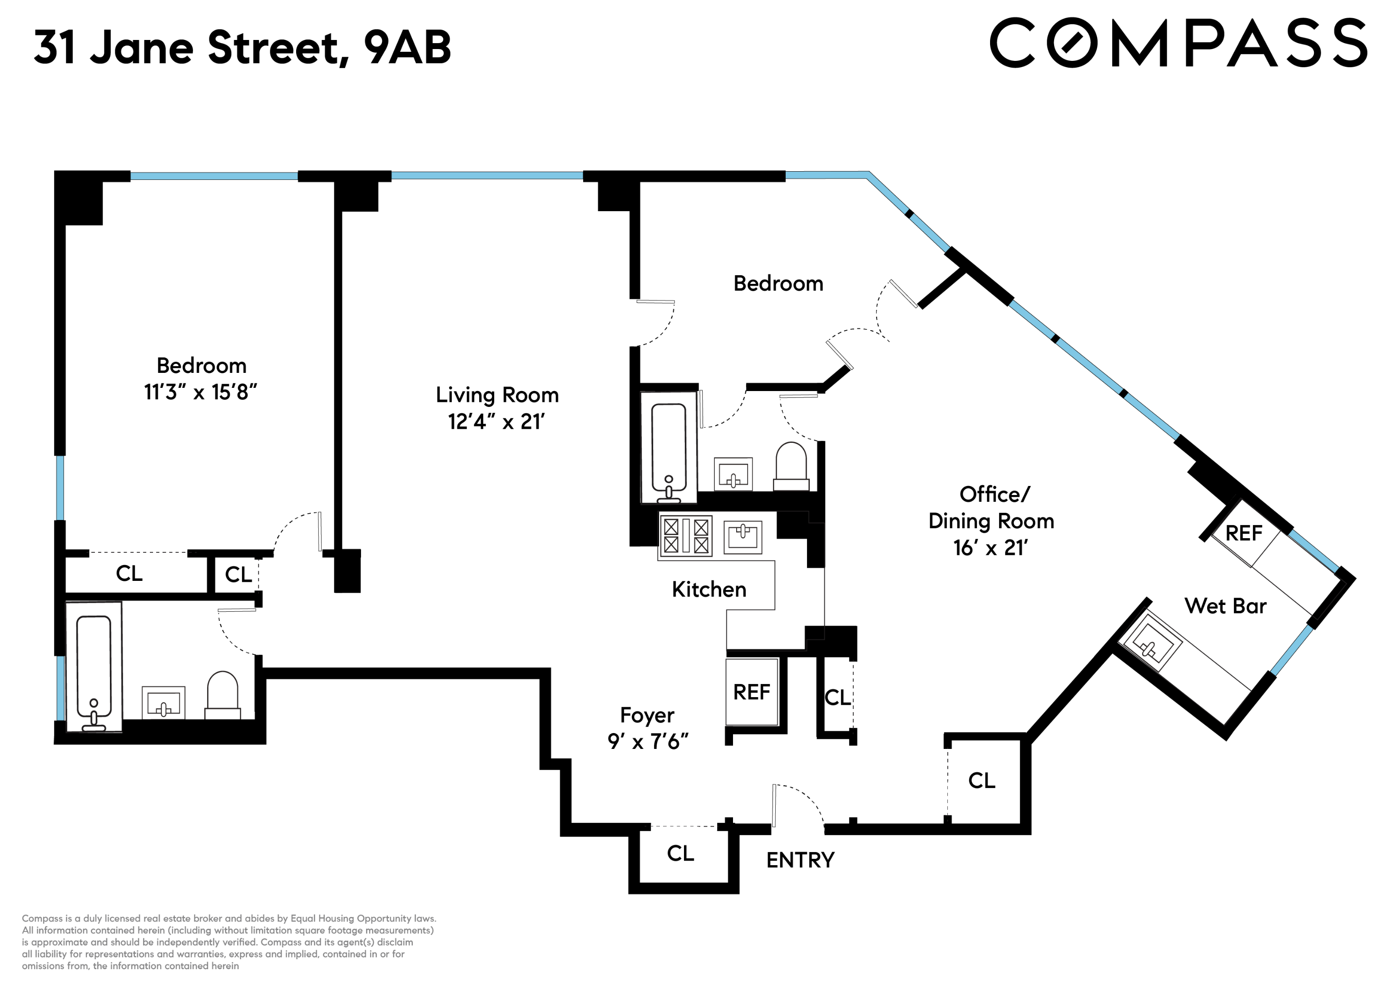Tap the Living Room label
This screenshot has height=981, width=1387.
coord(497,395)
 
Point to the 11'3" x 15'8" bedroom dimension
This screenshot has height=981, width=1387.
coord(201,393)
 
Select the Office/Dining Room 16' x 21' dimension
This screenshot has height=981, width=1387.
coord(991,548)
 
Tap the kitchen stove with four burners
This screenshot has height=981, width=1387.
coord(686,536)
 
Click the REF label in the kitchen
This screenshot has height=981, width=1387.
coord(752,692)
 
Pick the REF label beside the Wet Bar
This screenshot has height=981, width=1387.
coord(1243,533)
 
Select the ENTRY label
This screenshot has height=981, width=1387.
coord(800,860)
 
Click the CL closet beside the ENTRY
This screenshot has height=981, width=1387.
coord(680,853)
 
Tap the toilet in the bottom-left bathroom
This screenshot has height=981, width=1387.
coord(222,695)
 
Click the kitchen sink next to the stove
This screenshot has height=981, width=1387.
coord(743,536)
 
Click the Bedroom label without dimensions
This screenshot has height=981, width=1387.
coord(778,284)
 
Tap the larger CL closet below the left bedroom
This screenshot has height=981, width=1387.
coord(129,573)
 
